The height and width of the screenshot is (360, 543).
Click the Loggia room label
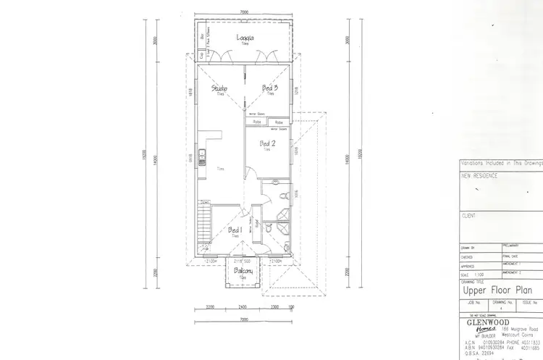pos(244,38)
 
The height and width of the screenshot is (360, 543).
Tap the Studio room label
pos(219,89)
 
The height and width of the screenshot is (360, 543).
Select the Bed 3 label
pos(269,88)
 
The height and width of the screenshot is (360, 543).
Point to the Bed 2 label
pos(266,143)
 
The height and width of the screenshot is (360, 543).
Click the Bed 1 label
pos(235,230)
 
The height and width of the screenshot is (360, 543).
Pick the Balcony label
pos(243,272)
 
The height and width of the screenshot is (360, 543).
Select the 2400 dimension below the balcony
pos(243,307)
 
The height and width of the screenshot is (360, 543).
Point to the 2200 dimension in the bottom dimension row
pos(210,307)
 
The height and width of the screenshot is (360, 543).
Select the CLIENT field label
pos(469,216)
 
